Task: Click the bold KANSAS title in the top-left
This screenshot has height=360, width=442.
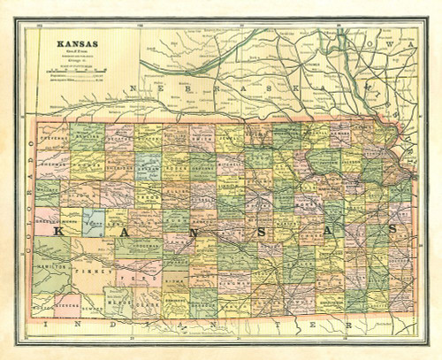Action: tap(78, 43)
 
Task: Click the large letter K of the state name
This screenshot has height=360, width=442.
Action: tap(57, 232)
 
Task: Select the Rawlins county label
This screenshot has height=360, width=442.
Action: tap(88, 138)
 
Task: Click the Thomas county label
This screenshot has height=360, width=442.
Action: tap(88, 165)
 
